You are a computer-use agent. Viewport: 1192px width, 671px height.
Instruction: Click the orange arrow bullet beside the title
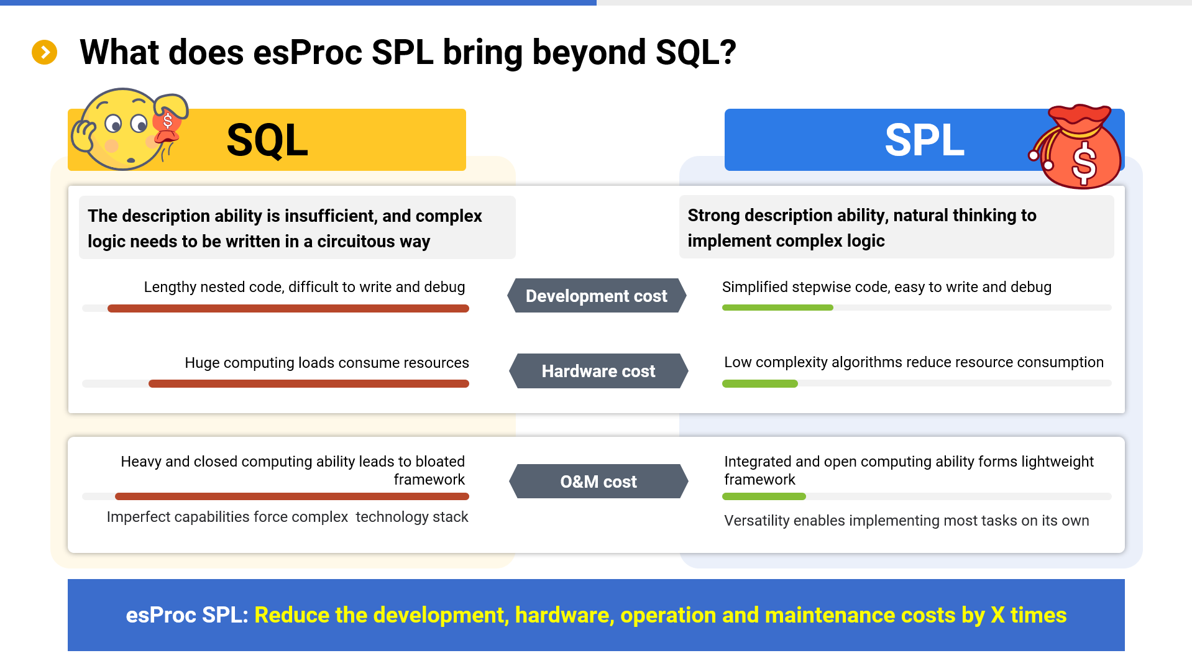[44, 52]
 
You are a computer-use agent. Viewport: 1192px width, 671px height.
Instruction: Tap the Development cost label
[597, 296]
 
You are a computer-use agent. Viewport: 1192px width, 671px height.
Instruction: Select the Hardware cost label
[598, 371]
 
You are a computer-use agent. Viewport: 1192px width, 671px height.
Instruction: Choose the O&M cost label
[598, 482]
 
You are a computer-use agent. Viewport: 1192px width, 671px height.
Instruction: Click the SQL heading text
[267, 140]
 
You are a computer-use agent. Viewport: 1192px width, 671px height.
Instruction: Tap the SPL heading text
[924, 140]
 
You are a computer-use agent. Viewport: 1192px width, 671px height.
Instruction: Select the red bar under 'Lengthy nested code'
[288, 308]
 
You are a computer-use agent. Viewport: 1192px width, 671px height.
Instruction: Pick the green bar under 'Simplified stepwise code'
[777, 308]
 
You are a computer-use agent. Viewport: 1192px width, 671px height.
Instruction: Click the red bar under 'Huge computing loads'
[309, 384]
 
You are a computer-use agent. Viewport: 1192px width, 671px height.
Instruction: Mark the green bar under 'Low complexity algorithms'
[760, 384]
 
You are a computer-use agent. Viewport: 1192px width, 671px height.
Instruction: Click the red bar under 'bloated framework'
[292, 496]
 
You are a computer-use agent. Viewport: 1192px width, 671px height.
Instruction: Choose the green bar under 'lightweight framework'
[764, 496]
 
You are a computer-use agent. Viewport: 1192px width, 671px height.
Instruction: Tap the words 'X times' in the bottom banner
[1029, 615]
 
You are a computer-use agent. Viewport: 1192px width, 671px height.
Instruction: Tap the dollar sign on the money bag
[1084, 163]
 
